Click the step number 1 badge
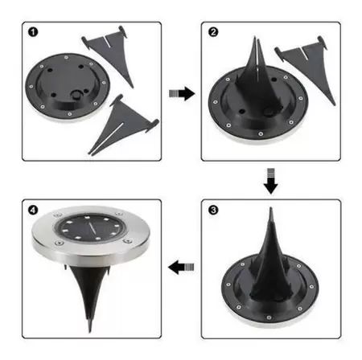(x=33, y=32)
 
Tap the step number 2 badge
(x=213, y=32)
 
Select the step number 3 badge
(x=213, y=210)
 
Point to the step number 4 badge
(x=33, y=210)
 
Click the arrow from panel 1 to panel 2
(x=182, y=93)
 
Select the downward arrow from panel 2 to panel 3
(x=271, y=181)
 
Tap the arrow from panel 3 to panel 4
(x=181, y=267)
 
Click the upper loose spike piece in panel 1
(x=107, y=54)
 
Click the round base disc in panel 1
(x=68, y=87)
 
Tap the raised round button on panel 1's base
(x=76, y=95)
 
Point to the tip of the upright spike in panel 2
(x=254, y=38)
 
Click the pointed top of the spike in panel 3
(x=271, y=208)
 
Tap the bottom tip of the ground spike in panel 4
(x=90, y=332)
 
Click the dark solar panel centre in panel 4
(x=90, y=228)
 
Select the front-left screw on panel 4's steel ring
(x=59, y=243)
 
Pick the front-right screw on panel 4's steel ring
(x=128, y=241)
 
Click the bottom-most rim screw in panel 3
(x=269, y=317)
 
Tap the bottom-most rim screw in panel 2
(x=261, y=133)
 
